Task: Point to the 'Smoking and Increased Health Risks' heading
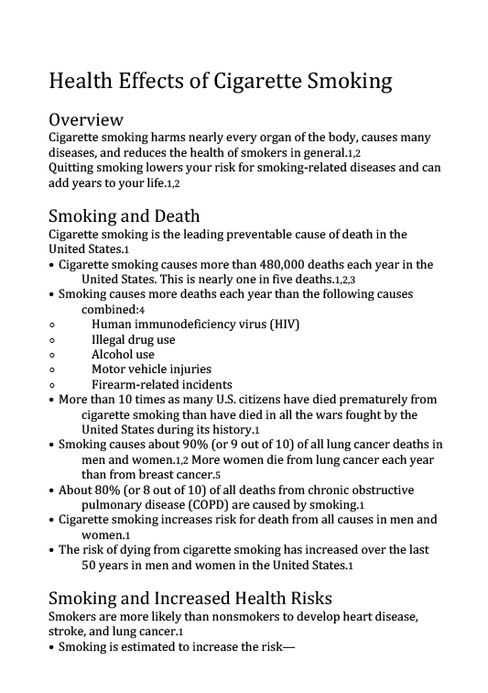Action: coord(190,599)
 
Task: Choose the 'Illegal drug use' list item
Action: coord(133,339)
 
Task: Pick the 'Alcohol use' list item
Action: coord(123,354)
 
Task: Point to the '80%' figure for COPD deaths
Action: coord(115,489)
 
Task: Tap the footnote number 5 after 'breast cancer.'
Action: coord(218,476)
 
